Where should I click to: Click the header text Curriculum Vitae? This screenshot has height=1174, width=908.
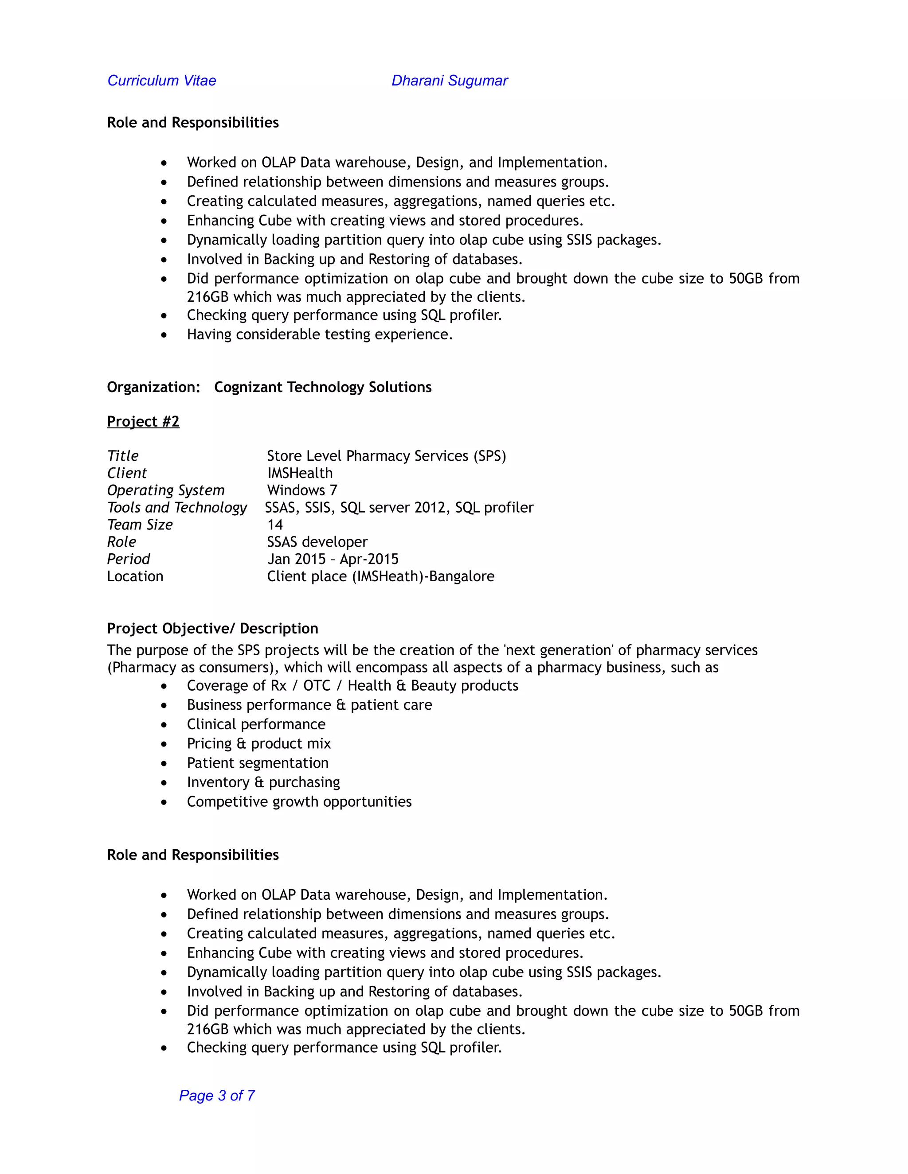(161, 81)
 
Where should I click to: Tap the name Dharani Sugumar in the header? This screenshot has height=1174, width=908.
(449, 81)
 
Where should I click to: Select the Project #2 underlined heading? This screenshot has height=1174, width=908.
(143, 421)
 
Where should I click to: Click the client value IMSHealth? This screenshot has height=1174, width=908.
(300, 473)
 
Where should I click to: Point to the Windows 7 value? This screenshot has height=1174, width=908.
(302, 490)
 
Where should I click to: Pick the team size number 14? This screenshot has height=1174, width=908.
(275, 525)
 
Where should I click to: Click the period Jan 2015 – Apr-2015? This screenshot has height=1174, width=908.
(333, 559)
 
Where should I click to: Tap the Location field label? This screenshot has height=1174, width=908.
(135, 576)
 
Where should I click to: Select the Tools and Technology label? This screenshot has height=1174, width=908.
(176, 507)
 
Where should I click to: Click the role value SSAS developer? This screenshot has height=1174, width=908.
(317, 542)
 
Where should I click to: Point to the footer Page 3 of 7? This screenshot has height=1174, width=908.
(217, 1096)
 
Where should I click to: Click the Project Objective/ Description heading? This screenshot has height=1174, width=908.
(212, 628)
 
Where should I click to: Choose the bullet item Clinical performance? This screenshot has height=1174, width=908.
(256, 724)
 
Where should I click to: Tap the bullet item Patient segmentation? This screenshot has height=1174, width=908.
(258, 763)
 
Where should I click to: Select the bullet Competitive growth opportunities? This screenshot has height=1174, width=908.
(299, 801)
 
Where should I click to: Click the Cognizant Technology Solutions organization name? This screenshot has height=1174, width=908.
(323, 387)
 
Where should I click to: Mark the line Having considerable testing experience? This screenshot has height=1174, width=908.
(320, 334)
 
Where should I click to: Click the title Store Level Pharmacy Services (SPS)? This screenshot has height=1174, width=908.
(386, 456)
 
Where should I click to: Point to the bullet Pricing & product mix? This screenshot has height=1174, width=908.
(259, 743)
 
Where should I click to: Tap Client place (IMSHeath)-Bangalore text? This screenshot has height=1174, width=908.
(380, 576)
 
